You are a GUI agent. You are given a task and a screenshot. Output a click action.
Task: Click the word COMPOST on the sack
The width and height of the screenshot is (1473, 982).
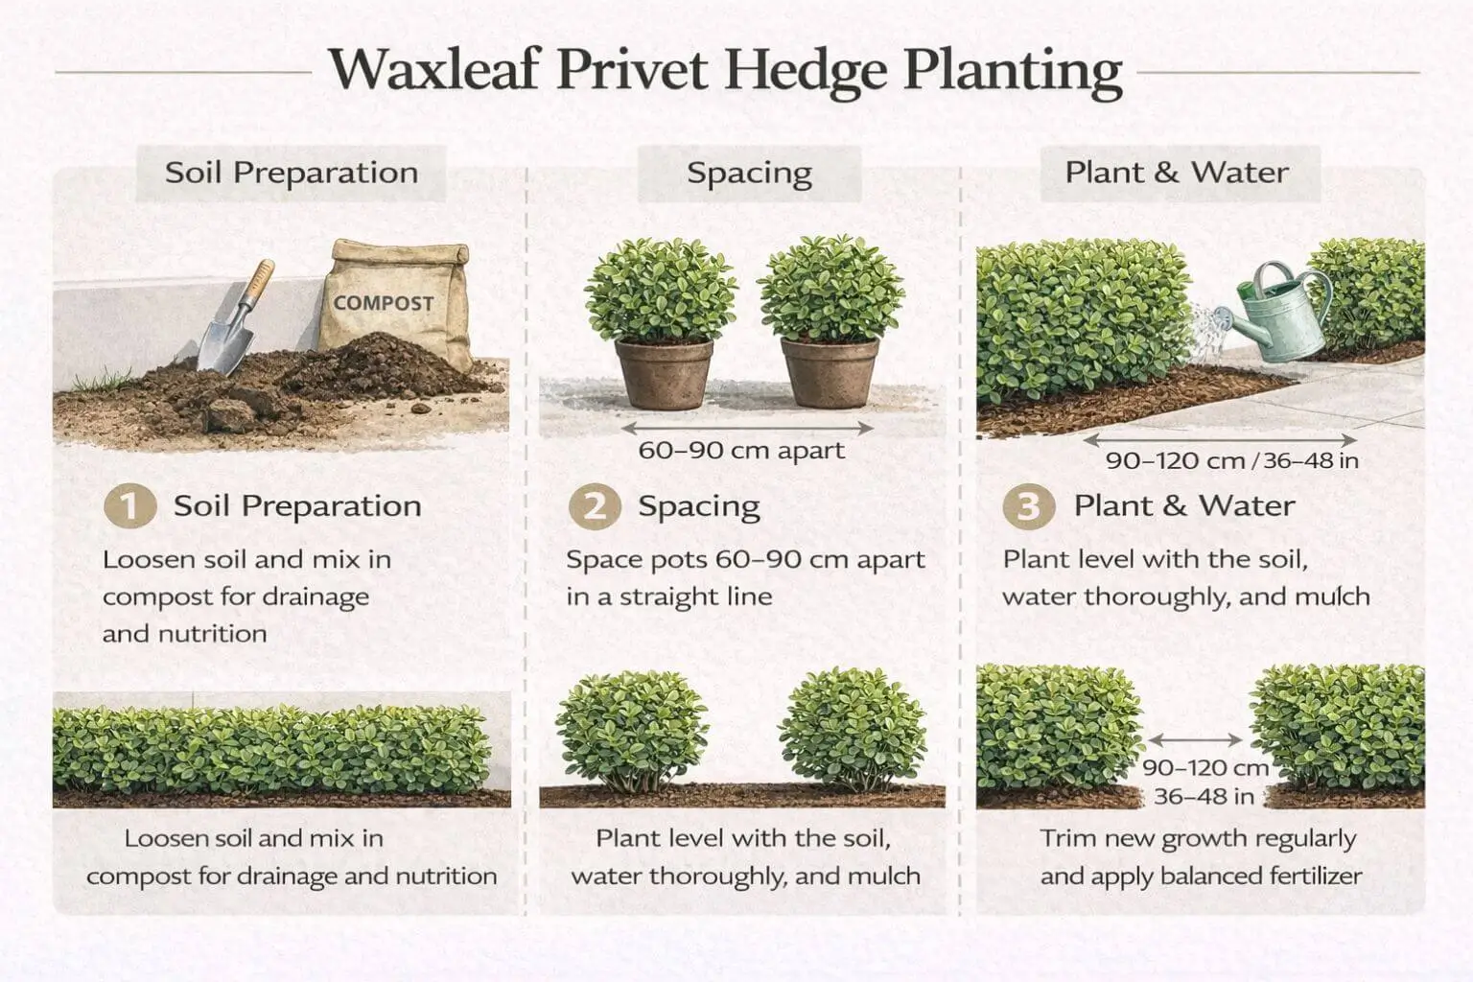click(x=384, y=303)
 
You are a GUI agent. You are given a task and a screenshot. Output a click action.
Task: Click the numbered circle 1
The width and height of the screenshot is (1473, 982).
click(x=129, y=505)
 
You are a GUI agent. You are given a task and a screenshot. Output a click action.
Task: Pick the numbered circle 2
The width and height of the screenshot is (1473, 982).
click(x=595, y=505)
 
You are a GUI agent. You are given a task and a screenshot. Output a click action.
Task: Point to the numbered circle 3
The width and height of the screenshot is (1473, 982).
click(x=1028, y=505)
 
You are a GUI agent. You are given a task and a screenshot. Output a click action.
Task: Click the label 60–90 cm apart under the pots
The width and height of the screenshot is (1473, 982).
click(x=741, y=451)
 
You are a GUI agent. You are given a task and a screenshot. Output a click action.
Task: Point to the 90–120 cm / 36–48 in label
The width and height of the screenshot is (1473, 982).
click(x=1231, y=460)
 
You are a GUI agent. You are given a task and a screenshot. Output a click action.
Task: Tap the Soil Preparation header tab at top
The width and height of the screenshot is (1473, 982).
click(x=292, y=173)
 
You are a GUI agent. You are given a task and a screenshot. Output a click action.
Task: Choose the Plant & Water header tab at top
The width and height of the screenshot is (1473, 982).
click(x=1177, y=173)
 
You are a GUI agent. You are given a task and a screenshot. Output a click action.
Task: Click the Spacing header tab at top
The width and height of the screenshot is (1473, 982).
click(x=749, y=173)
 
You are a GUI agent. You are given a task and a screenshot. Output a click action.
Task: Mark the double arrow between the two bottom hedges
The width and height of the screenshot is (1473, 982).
click(x=1195, y=739)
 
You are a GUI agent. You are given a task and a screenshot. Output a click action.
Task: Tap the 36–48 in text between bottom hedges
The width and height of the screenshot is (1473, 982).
click(x=1204, y=796)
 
